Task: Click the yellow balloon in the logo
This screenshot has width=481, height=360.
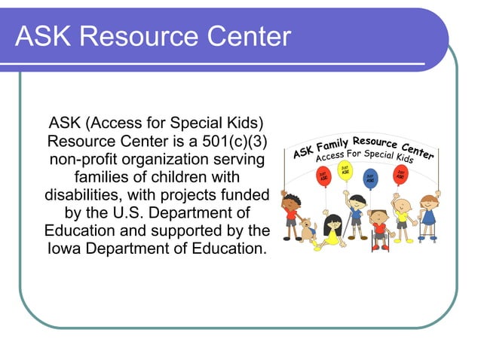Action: point(345,169)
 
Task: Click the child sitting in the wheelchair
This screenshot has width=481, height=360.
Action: point(378,225)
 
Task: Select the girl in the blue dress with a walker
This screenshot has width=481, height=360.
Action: point(429,215)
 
